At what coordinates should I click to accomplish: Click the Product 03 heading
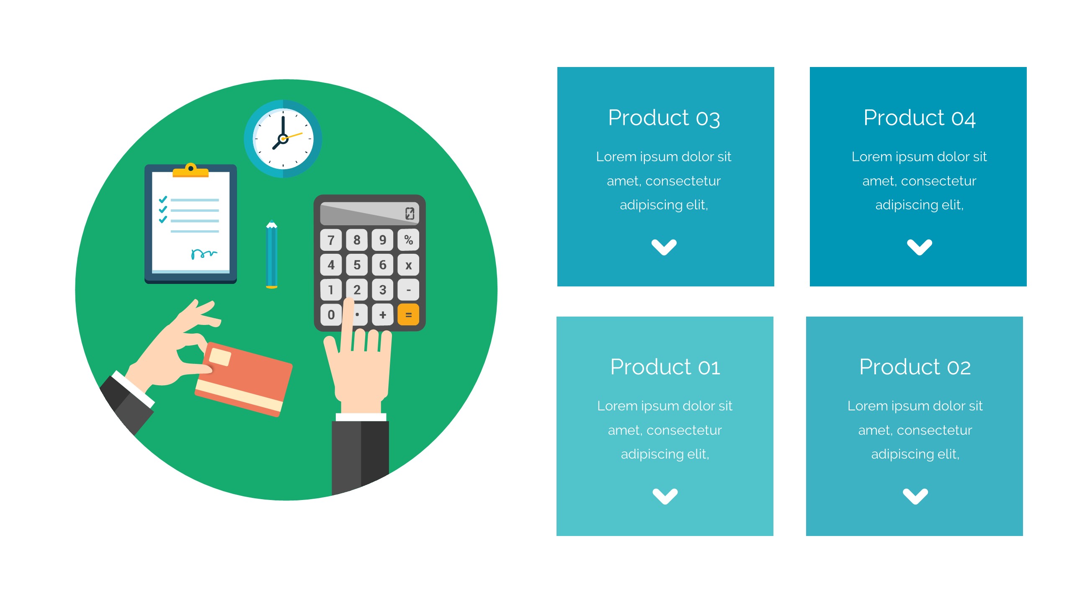point(664,118)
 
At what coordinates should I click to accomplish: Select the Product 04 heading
point(920,118)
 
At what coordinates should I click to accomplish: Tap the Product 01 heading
point(665,367)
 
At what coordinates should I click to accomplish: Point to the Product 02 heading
point(915,367)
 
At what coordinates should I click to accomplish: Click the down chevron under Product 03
point(664,247)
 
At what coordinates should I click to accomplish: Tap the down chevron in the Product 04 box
point(920,247)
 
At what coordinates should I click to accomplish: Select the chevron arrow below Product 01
point(665,496)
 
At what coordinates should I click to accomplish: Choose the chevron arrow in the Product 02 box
point(915,496)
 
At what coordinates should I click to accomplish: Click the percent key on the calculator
point(408,240)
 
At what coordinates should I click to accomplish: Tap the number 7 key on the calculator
point(331,240)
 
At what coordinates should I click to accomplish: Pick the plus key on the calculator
point(382,314)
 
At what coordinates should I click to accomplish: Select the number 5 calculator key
point(357,265)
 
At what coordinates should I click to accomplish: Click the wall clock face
point(283,139)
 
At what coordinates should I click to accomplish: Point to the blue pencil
point(272,254)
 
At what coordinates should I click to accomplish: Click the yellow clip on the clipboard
point(191,170)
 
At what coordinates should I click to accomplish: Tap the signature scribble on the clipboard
point(204,254)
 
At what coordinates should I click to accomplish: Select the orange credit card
point(244,379)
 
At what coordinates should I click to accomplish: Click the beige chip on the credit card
point(220,357)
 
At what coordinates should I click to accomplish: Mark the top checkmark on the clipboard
point(163,200)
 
